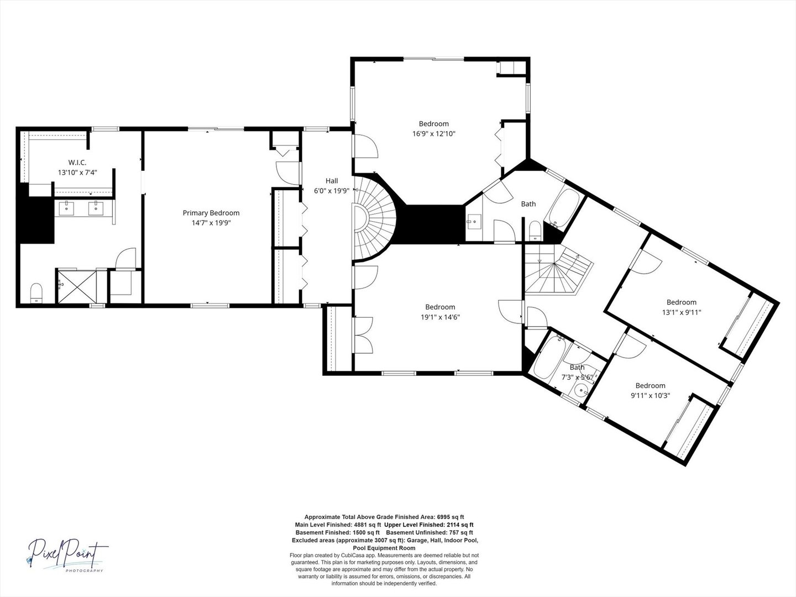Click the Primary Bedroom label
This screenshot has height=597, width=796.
click(x=211, y=213)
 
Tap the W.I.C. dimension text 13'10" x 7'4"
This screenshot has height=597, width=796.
click(x=77, y=172)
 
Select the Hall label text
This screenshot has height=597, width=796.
click(x=332, y=181)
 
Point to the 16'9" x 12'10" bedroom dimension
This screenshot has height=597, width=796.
click(x=434, y=134)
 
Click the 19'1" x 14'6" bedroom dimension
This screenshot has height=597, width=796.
click(x=440, y=317)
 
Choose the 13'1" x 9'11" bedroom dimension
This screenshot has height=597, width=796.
click(x=682, y=312)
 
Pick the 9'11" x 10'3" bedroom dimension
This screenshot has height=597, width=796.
click(x=650, y=395)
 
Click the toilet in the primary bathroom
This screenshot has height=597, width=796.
click(x=36, y=293)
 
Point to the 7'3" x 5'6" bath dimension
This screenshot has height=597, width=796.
click(x=577, y=377)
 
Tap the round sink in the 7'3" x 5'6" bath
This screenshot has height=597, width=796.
click(x=582, y=391)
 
